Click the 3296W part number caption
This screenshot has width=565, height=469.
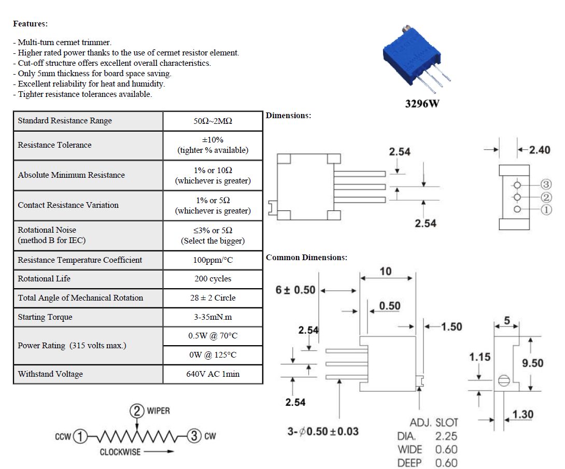click(422, 104)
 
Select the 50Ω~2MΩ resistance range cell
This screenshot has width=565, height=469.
click(213, 121)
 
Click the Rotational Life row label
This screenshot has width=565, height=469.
click(44, 278)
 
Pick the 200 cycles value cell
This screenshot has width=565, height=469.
click(213, 278)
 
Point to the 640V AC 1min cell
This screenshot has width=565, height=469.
click(213, 374)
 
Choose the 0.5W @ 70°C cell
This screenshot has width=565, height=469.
click(213, 336)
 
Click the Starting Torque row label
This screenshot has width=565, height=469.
click(45, 317)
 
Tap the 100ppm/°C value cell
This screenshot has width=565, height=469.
click(213, 260)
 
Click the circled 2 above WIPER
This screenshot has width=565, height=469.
click(136, 411)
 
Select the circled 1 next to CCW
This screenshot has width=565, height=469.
click(80, 436)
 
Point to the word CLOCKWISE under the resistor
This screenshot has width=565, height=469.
click(120, 452)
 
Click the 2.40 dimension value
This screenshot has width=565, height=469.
click(540, 150)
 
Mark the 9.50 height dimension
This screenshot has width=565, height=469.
click(532, 363)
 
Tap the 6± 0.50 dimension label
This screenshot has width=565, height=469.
click(295, 290)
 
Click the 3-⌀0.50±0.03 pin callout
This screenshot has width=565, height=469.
click(323, 432)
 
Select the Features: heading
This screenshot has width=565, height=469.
click(30, 24)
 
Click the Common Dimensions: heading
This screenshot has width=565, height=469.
click(307, 258)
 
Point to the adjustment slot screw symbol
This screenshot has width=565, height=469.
click(504, 380)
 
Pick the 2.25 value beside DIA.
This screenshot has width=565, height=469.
click(446, 436)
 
